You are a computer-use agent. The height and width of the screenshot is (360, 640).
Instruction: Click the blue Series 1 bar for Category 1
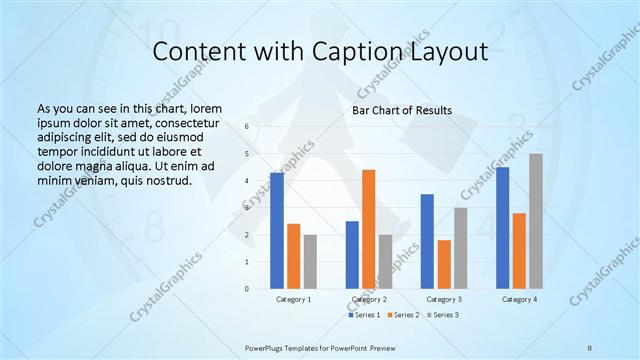pyautogui.click(x=277, y=231)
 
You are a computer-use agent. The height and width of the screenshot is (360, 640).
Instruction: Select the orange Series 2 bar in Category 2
pyautogui.click(x=368, y=229)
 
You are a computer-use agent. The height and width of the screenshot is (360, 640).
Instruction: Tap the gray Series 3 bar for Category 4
pyautogui.click(x=536, y=221)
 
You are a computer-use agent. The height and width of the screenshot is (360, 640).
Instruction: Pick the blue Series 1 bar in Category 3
pyautogui.click(x=427, y=241)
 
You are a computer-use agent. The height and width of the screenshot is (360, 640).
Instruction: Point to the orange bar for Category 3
pyautogui.click(x=444, y=264)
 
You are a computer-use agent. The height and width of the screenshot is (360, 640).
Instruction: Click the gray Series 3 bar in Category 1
pyautogui.click(x=310, y=261)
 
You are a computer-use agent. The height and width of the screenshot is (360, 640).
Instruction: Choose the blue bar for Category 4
pyautogui.click(x=502, y=228)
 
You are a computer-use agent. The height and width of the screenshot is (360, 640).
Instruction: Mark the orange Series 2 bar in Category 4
pyautogui.click(x=519, y=251)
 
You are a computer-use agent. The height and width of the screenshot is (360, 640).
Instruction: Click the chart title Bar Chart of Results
pyautogui.click(x=402, y=110)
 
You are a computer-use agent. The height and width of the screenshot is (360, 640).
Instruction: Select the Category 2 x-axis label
pyautogui.click(x=368, y=299)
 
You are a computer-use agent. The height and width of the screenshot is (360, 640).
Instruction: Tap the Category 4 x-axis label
pyautogui.click(x=519, y=299)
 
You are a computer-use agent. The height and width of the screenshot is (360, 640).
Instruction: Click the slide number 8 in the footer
pyautogui.click(x=589, y=346)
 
